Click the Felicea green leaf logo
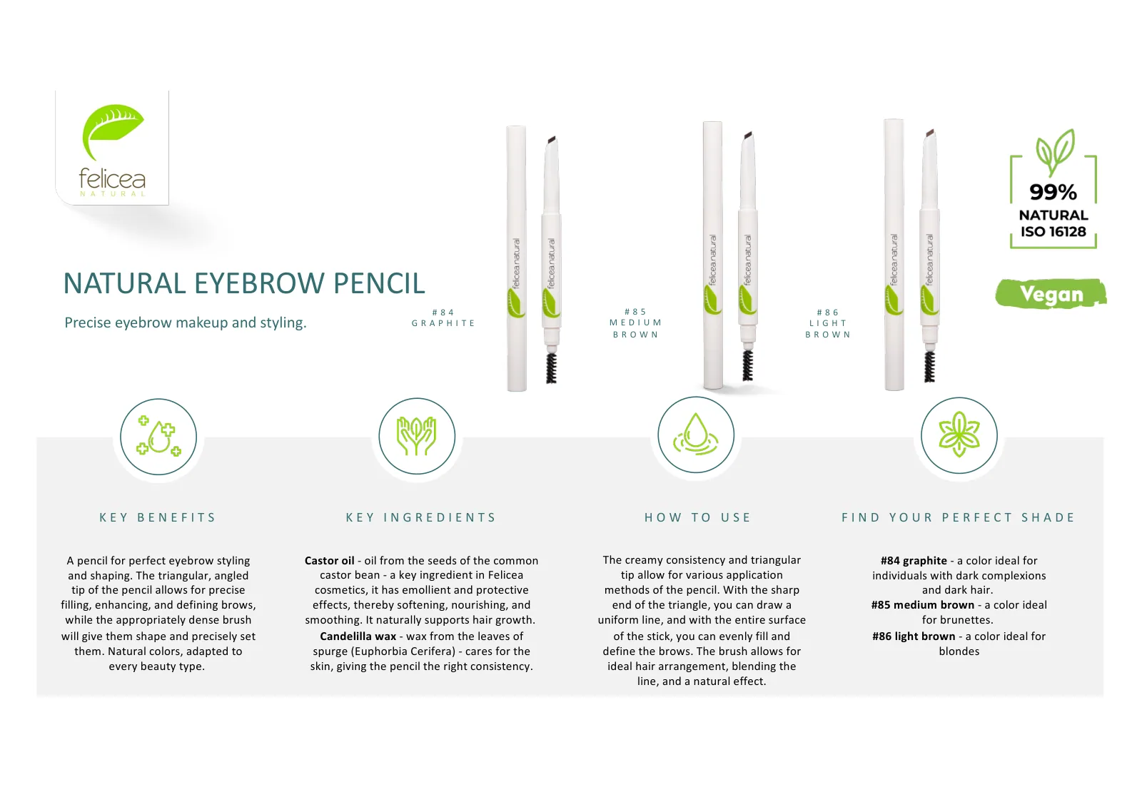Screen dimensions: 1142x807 (113, 131)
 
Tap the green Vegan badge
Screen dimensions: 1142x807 (1051, 294)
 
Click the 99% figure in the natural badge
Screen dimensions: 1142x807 (1053, 192)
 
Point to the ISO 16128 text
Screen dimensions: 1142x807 (1053, 231)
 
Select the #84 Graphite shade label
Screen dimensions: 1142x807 (443, 318)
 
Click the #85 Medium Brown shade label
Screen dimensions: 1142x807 (636, 323)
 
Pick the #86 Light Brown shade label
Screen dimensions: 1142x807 (828, 323)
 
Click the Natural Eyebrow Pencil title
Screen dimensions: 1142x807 (244, 283)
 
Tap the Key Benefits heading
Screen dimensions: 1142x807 (158, 517)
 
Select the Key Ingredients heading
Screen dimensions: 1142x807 (420, 517)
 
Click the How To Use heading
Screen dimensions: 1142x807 (698, 517)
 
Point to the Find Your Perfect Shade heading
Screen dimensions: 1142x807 (959, 517)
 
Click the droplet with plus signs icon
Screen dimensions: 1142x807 (158, 437)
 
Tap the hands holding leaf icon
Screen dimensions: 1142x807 (417, 436)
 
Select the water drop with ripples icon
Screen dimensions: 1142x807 (696, 434)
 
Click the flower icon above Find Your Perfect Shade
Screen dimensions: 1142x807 (959, 435)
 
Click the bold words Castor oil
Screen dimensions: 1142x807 (329, 561)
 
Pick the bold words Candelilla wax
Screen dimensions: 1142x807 (358, 636)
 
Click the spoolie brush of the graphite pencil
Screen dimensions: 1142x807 (551, 367)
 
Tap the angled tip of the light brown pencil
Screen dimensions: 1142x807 (930, 133)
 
